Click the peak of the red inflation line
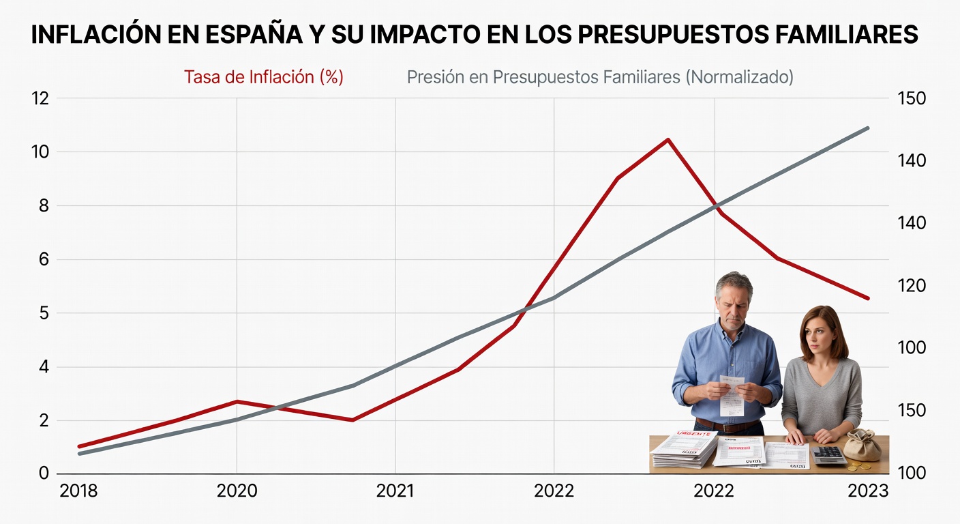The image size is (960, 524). pos(668,140)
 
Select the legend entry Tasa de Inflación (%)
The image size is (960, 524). pos(263,77)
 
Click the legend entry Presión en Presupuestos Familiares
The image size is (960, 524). pos(600,77)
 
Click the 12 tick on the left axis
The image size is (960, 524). pos(40,98)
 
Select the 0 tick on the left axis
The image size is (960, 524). pos(43,474)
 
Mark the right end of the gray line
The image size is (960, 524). pos(868,128)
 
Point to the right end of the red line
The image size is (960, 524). pos(868,298)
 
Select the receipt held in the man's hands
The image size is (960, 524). pos(731,396)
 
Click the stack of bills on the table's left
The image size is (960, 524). pos(684,450)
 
